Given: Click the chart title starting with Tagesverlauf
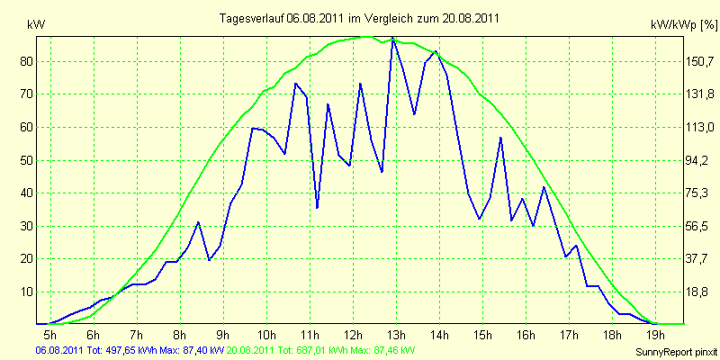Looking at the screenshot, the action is coord(359,18).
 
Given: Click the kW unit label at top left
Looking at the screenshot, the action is coord(36,25).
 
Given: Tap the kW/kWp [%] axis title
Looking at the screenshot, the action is coord(684,26).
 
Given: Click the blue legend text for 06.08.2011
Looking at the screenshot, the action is coord(130,351).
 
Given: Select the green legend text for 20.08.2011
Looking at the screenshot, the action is coord(321,351).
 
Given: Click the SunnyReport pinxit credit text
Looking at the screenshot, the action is coord(678,352).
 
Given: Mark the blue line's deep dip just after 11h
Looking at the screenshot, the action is coord(317,208).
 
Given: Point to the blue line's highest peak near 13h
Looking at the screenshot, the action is coord(392,39).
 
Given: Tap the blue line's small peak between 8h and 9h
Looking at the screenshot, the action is coord(198,222).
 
